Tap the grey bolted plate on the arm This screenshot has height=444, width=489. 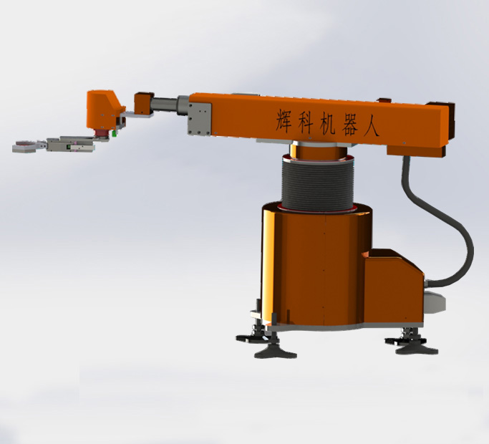pyautogui.click(x=200, y=117)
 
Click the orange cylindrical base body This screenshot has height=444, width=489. pyautogui.click(x=308, y=265)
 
